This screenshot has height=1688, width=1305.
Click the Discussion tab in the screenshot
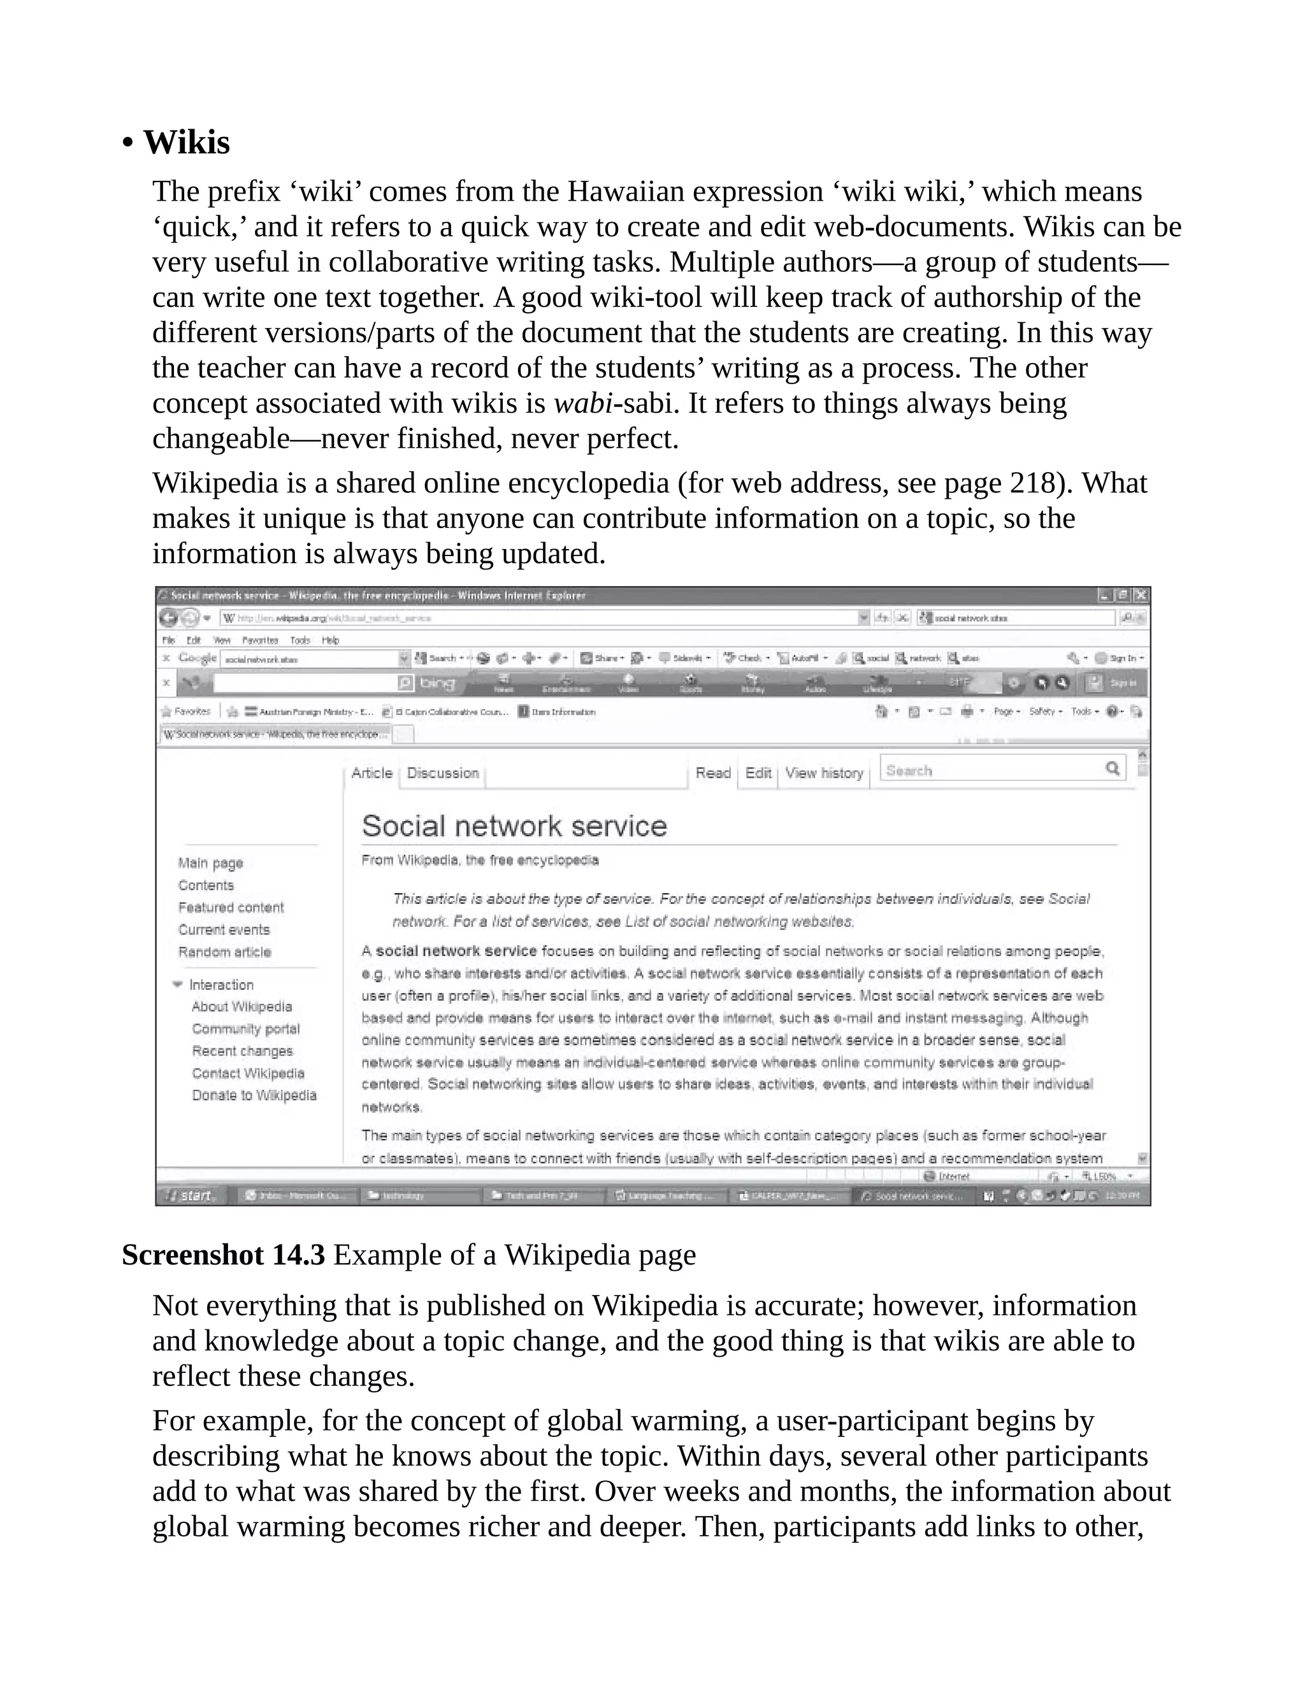click(x=443, y=773)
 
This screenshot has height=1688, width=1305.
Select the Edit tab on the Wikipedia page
click(x=758, y=773)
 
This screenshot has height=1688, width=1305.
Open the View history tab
click(x=824, y=773)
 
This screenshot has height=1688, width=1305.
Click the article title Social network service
click(x=514, y=826)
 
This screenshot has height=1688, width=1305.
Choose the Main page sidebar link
click(x=210, y=862)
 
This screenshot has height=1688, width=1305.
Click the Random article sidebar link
click(x=224, y=952)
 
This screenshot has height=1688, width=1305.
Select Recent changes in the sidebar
click(x=242, y=1051)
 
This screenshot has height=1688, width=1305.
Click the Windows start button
click(x=191, y=1196)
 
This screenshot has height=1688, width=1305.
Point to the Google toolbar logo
click(x=196, y=658)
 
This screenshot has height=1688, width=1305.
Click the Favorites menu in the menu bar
click(x=260, y=640)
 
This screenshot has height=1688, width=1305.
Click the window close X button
click(x=1141, y=595)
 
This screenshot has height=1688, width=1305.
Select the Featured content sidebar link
click(x=231, y=907)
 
